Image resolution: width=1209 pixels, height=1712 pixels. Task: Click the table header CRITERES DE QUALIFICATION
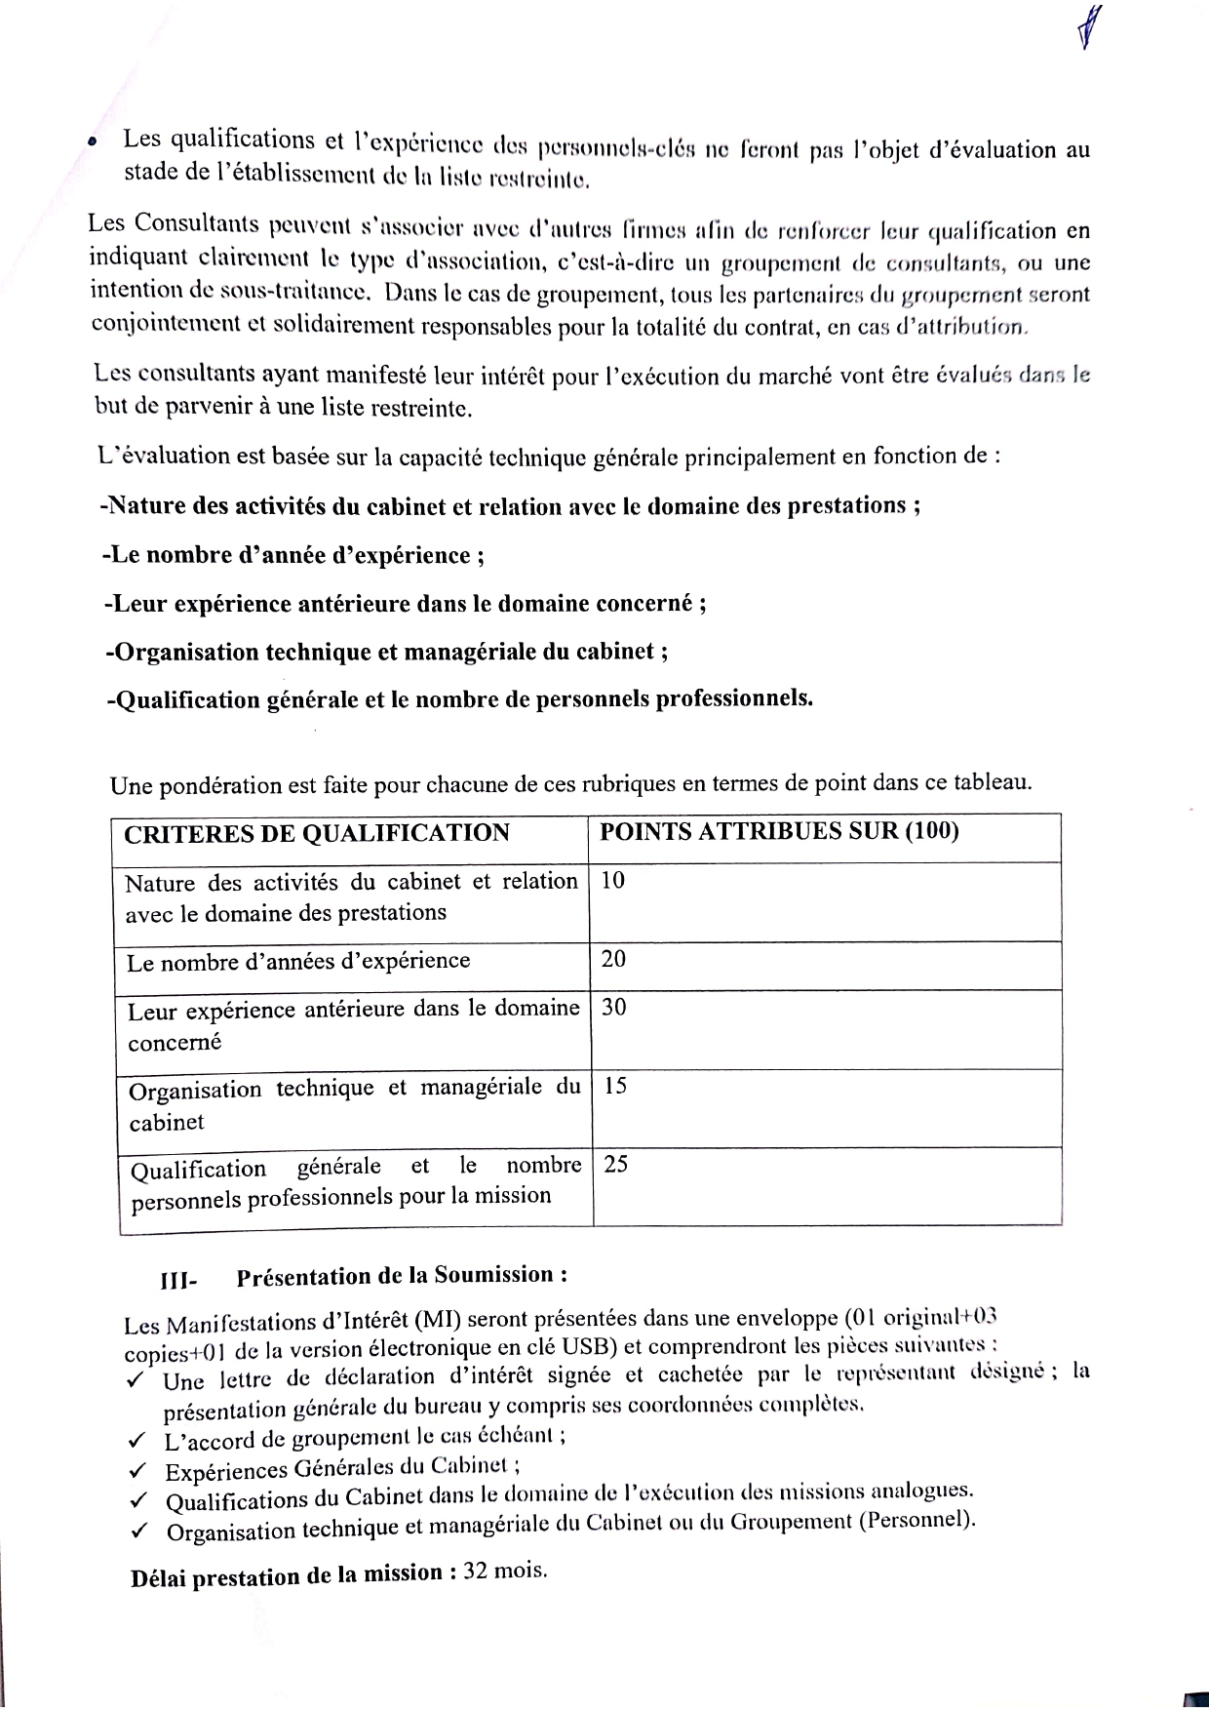pos(317,833)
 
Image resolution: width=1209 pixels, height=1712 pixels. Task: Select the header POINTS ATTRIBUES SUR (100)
pos(778,831)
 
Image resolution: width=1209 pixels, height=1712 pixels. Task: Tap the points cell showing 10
pos(613,881)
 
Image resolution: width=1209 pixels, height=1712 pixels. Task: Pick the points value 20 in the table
pos(614,959)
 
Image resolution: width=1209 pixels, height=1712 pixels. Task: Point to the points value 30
pos(614,1008)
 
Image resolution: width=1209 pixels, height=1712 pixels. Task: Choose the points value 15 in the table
pos(615,1086)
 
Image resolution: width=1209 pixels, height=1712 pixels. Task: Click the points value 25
pos(616,1164)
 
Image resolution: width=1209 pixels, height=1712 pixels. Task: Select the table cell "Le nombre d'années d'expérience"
pos(298,962)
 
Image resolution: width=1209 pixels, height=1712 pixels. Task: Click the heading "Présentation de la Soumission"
pos(402,1276)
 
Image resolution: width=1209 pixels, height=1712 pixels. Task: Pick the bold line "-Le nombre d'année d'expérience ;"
pos(293,556)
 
